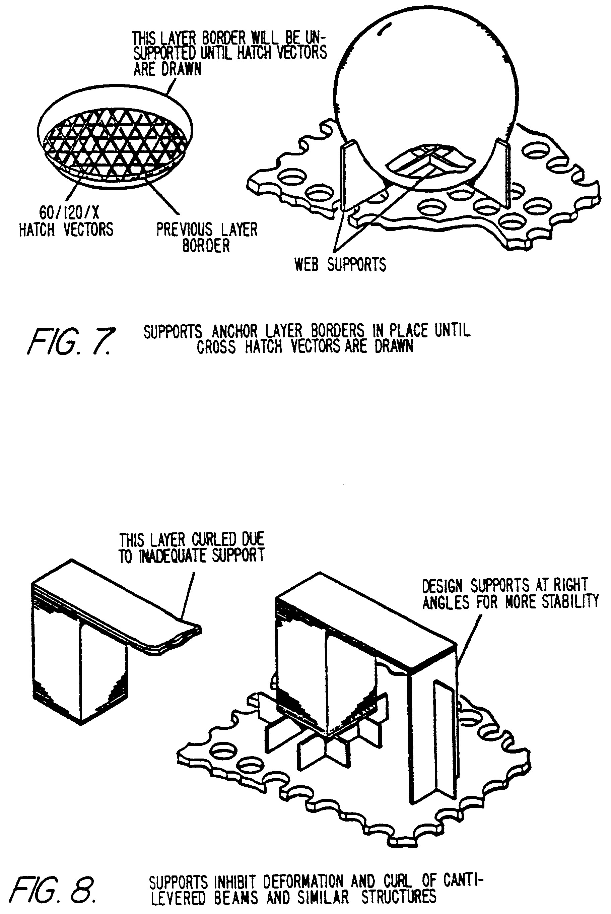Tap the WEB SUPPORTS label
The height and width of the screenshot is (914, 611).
click(x=340, y=265)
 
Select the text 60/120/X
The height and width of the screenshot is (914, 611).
click(x=69, y=213)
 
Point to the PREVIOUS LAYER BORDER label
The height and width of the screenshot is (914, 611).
click(x=207, y=237)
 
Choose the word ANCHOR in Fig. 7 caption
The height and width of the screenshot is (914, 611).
click(x=234, y=332)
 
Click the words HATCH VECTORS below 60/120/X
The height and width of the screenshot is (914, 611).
click(x=66, y=229)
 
